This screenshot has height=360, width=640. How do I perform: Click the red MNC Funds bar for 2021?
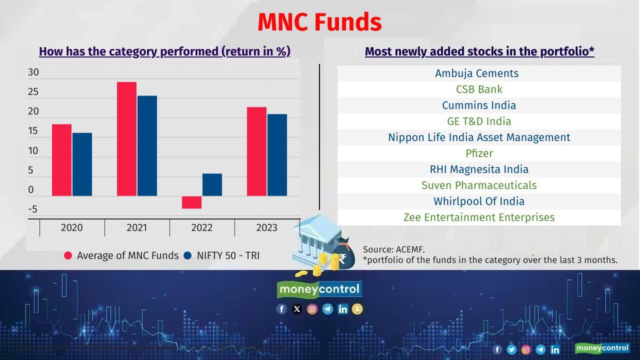[126, 139]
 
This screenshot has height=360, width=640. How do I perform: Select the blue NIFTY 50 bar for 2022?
[212, 184]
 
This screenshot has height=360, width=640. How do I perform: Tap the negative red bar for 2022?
[191, 202]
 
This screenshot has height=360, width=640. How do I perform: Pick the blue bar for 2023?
[277, 155]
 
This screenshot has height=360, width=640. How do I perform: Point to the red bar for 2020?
[61, 160]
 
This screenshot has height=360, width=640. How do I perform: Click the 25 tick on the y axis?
[33, 92]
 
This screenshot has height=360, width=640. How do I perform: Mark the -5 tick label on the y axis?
[32, 209]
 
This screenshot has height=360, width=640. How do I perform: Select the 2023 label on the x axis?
[266, 227]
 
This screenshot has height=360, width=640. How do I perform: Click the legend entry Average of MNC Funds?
[121, 255]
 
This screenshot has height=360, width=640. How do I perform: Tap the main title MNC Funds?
[319, 22]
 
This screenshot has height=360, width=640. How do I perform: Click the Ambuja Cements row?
[476, 73]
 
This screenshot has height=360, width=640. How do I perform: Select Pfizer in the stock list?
[479, 153]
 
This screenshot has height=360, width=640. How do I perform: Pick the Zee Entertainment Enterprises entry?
[479, 217]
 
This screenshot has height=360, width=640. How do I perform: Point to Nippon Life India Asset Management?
[479, 137]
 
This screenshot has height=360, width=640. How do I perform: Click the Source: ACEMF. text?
[393, 249]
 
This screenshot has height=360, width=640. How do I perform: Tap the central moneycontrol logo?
[319, 289]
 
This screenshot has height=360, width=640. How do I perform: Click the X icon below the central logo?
[296, 309]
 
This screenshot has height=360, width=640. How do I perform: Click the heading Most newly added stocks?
[479, 51]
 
